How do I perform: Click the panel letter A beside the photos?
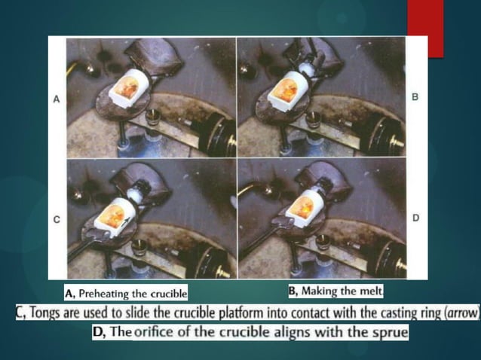56,99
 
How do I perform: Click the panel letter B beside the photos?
415,98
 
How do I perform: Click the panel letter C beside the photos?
56,219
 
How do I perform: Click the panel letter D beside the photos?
415,217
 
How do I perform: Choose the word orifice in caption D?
155,332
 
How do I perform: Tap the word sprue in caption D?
389,332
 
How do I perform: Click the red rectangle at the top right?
425,29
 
